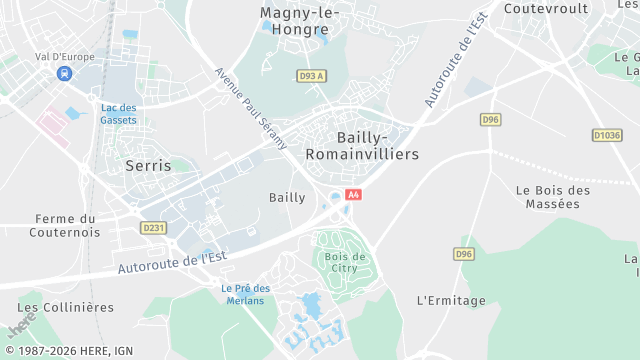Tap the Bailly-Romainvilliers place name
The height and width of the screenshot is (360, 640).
pos(363,145)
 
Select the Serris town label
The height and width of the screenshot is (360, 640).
pos(148,165)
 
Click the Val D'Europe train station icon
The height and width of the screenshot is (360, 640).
pos(65,73)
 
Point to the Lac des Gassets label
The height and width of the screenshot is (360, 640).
pos(119,113)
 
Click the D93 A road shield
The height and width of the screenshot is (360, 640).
pos(311,76)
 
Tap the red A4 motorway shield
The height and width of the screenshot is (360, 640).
pos(352,194)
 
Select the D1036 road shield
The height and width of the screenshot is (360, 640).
pos(606,135)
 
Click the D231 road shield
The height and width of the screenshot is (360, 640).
pos(153,228)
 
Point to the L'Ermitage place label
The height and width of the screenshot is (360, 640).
pos(450,300)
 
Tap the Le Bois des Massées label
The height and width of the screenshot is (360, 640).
pos(552,196)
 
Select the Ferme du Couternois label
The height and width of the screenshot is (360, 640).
pos(67,225)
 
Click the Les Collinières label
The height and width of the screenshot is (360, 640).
pos(66,307)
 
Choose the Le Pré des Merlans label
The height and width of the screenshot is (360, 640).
pos(246,294)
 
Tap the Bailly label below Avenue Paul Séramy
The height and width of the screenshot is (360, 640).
pos(287,197)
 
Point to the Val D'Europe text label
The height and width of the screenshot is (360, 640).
pos(64,56)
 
